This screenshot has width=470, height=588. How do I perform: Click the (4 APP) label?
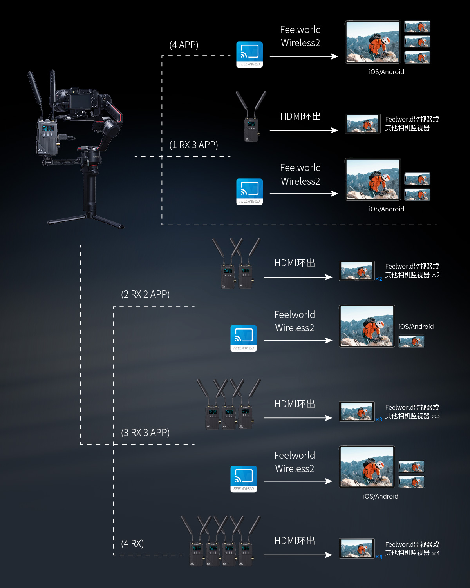(x=184, y=45)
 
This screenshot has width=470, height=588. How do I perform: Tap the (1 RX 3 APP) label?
(x=193, y=145)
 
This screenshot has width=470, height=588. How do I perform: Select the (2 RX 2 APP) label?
(x=145, y=294)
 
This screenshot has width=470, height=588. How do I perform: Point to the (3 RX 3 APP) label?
(x=145, y=433)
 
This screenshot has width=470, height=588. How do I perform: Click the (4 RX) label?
(x=132, y=544)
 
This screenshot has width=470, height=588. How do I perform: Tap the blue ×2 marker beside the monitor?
(x=379, y=279)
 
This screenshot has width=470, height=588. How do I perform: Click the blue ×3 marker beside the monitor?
(x=379, y=419)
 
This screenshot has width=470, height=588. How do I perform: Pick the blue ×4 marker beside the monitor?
(x=379, y=557)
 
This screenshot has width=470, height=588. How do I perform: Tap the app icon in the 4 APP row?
(x=249, y=54)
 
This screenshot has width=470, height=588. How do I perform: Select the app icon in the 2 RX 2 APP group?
(x=244, y=338)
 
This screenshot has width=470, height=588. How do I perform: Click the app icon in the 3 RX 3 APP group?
(x=244, y=479)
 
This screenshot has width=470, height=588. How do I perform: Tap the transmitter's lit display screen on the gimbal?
(x=48, y=129)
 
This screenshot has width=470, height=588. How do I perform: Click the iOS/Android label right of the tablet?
(x=416, y=327)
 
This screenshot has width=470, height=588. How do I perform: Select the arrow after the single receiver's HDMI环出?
(x=304, y=130)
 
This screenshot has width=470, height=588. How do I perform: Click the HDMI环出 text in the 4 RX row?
(x=295, y=541)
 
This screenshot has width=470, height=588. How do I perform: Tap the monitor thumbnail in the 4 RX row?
(x=356, y=548)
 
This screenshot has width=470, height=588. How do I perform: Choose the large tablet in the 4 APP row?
(x=373, y=42)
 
